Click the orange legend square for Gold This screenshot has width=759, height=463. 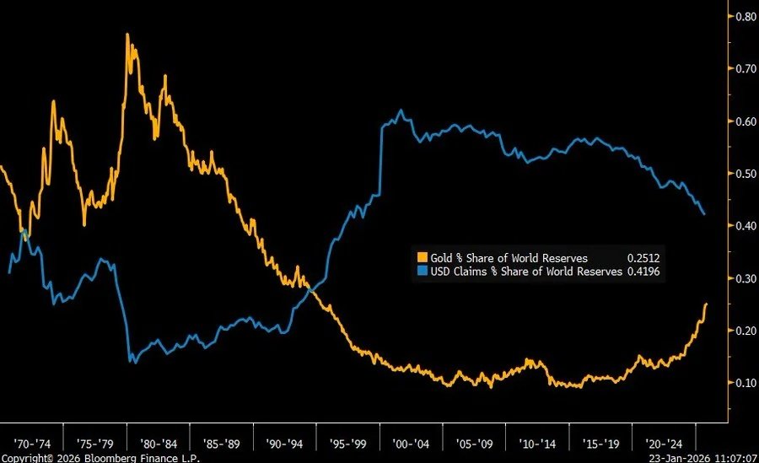[423, 258]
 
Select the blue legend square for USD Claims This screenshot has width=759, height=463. [423, 272]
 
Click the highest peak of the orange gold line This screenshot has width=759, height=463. [126, 35]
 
